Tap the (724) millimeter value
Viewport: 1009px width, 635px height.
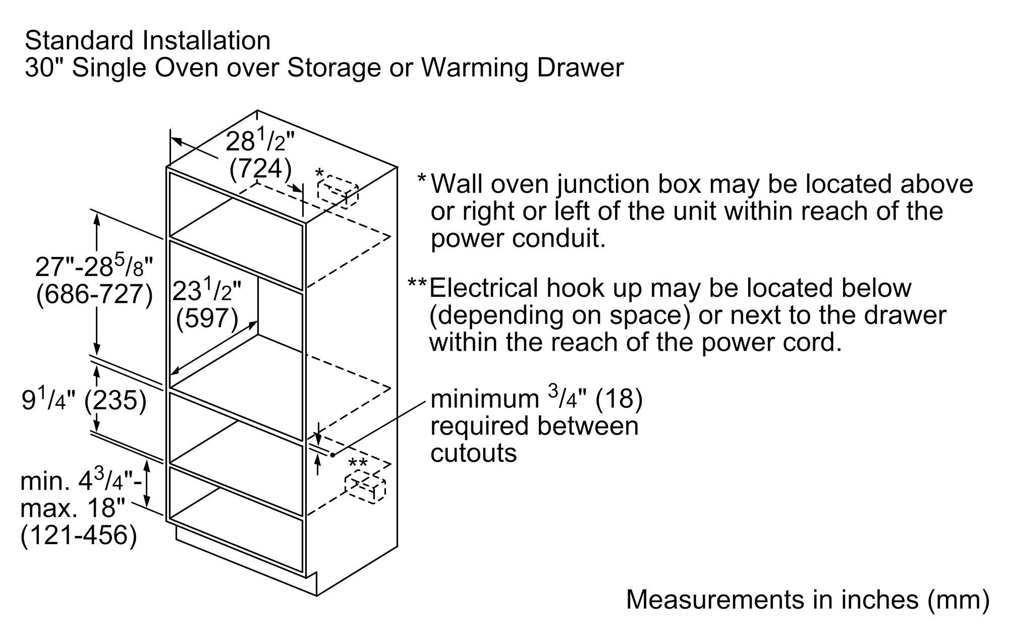[x=260, y=169]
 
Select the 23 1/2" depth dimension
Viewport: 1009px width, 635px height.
[x=207, y=292]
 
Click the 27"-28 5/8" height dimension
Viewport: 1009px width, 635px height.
[x=94, y=267]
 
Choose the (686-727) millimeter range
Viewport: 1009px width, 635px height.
[x=94, y=294]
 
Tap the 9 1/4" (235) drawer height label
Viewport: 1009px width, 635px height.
[x=84, y=401]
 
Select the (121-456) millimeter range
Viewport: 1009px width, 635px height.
[x=79, y=535]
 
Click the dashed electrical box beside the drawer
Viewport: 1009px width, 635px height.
[x=365, y=488]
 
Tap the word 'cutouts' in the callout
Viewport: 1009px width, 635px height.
[x=473, y=453]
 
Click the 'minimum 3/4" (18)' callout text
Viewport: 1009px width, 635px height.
[x=536, y=399]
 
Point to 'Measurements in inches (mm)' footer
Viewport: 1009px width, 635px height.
[x=807, y=600]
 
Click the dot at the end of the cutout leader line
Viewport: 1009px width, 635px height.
[x=333, y=455]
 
